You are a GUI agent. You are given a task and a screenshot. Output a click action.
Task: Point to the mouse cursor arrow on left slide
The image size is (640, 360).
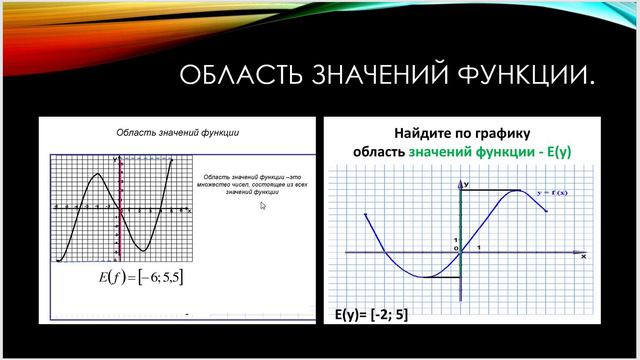[x=263, y=206]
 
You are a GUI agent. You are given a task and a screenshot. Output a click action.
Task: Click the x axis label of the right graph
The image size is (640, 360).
[x=582, y=257]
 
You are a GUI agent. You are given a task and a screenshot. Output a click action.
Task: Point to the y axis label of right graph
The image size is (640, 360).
[x=464, y=185]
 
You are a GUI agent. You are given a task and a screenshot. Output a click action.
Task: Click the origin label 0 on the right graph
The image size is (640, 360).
[x=456, y=248]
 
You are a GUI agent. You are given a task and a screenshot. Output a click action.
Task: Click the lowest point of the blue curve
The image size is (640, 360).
[x=424, y=277]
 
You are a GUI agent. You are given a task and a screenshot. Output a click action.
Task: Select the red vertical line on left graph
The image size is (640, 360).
[x=121, y=210]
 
